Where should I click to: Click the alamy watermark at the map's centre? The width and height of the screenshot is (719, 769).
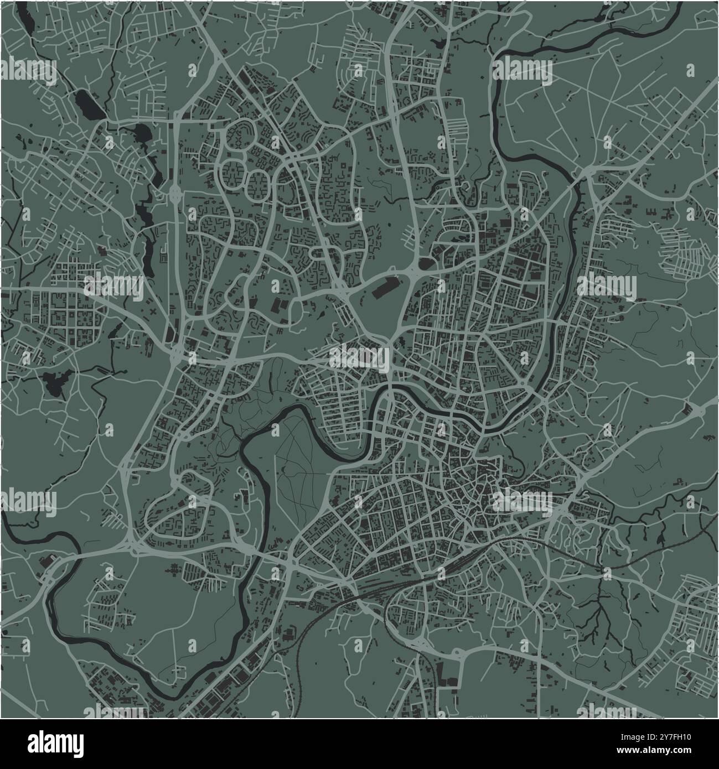(x=359, y=357)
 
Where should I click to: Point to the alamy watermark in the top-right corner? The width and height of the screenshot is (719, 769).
(x=524, y=70)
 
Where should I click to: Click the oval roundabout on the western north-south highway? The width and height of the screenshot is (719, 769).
(x=177, y=193)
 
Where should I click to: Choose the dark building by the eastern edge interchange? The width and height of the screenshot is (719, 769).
(x=689, y=409)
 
